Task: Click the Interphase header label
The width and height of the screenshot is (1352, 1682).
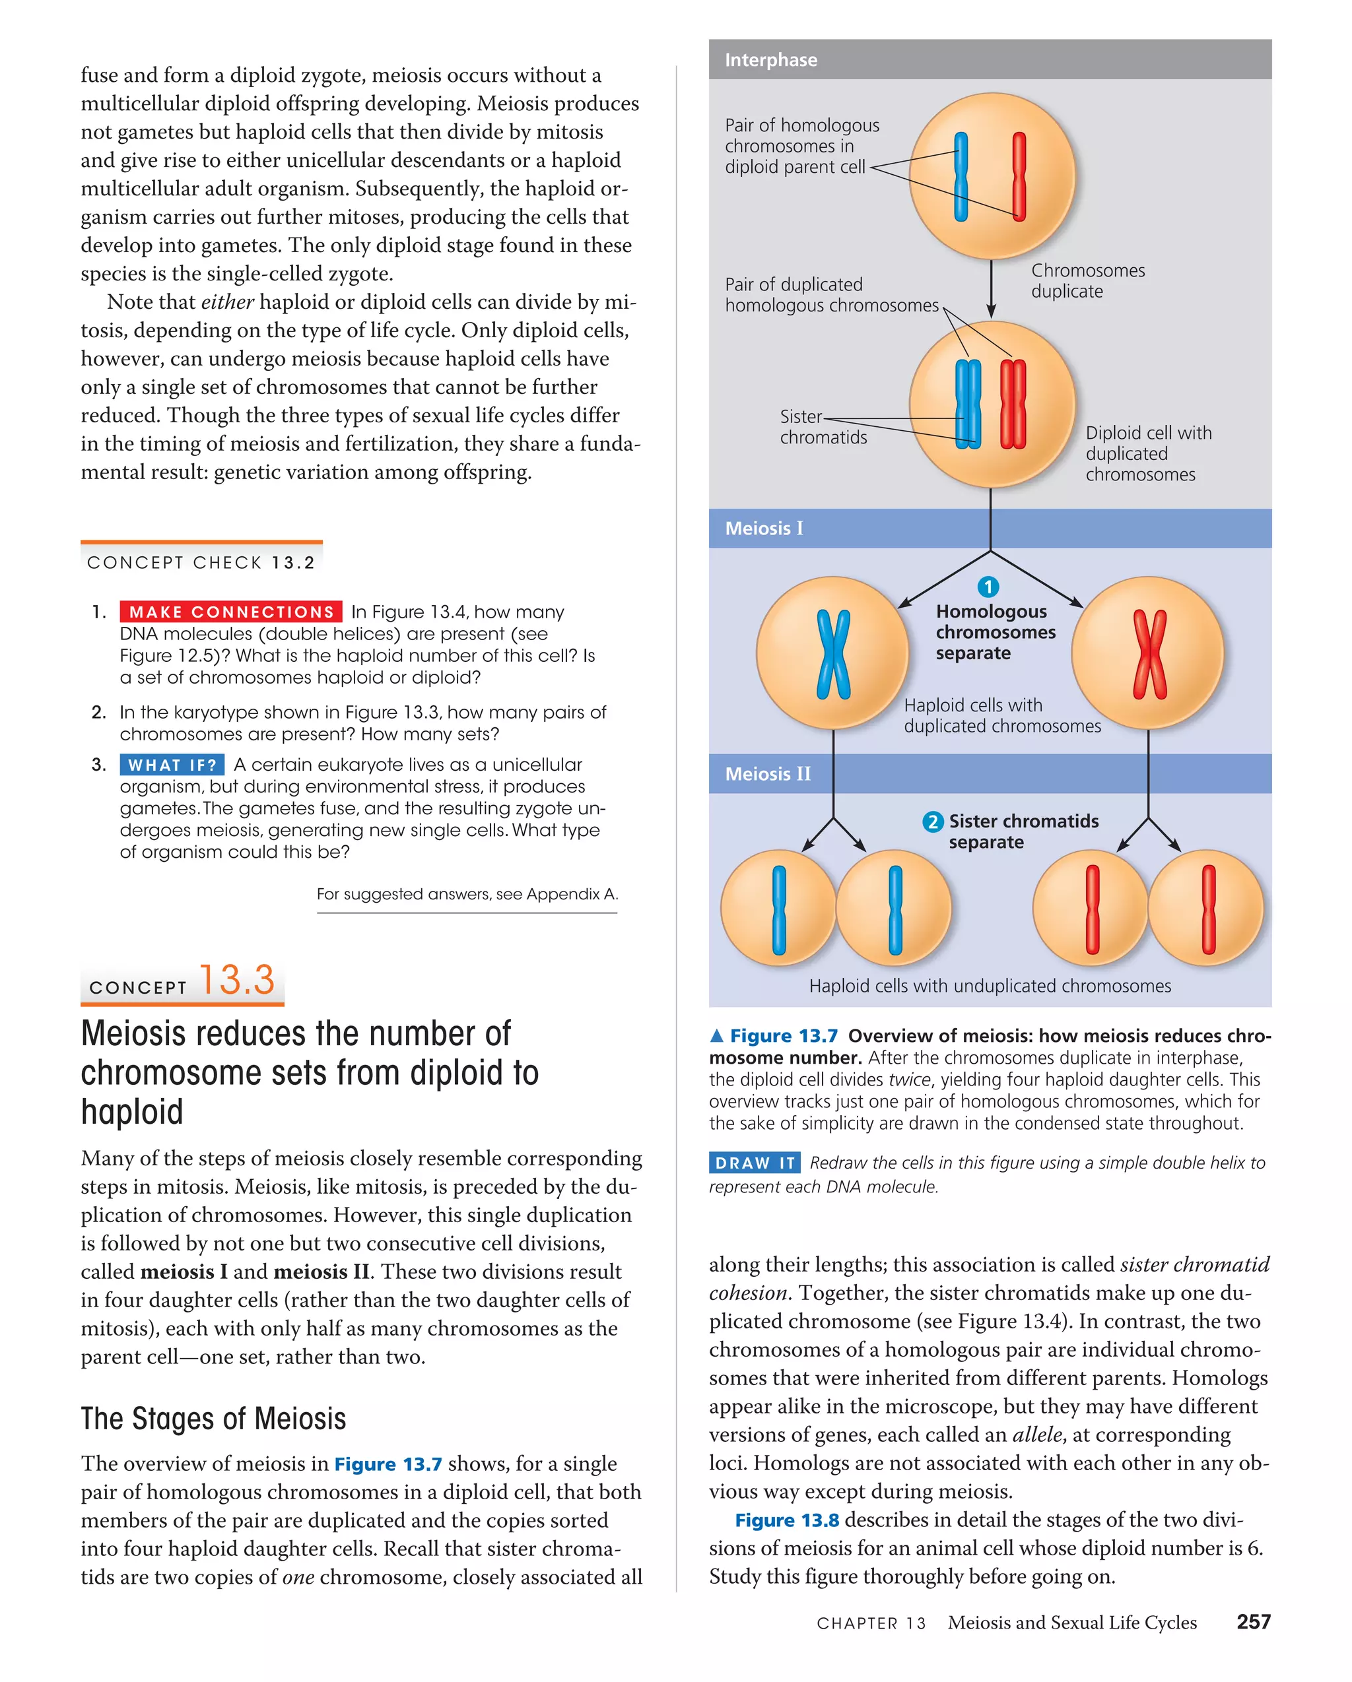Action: (x=770, y=60)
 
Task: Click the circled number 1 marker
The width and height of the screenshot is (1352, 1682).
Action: (x=988, y=587)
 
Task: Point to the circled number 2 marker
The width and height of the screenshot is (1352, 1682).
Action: (x=932, y=822)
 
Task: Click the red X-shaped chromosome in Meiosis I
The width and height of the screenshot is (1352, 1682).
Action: (x=1149, y=654)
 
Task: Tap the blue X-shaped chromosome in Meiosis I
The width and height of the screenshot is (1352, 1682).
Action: (x=833, y=654)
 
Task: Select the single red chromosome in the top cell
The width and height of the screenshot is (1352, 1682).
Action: (x=1019, y=176)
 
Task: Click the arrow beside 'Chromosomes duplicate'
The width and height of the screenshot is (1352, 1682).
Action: (x=991, y=288)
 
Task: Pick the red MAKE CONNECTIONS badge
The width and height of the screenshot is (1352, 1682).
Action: (x=231, y=612)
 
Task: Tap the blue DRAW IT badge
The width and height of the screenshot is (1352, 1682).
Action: (x=754, y=1163)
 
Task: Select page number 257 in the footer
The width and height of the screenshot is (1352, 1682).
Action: (x=1253, y=1622)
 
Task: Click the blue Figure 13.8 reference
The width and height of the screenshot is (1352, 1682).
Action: (x=787, y=1520)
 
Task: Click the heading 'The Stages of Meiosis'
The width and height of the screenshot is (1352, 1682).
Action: (x=213, y=1418)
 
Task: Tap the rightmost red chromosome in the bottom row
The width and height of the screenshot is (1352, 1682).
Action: (x=1208, y=910)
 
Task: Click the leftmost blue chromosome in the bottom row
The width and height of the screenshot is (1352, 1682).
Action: (x=778, y=910)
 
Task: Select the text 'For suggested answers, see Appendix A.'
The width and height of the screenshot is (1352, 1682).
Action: (x=467, y=894)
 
